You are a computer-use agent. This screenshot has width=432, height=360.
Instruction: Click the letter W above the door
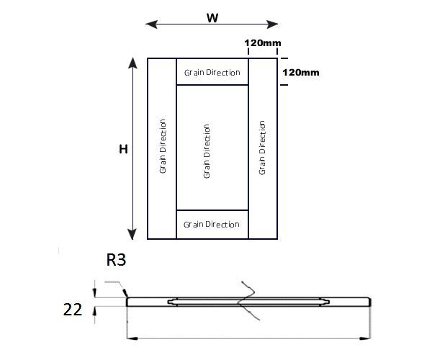212,18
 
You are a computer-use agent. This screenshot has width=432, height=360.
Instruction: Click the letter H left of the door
123,149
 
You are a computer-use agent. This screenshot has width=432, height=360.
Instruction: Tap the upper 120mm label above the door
263,43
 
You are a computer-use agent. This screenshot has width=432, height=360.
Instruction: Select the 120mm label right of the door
301,72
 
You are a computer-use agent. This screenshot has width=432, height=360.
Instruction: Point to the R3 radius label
116,260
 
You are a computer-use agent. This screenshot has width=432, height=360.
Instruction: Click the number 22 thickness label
72,310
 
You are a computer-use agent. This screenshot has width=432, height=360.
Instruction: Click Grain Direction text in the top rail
212,72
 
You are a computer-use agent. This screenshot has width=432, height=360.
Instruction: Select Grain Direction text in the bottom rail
212,225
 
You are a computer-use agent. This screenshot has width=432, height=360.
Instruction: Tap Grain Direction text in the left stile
163,146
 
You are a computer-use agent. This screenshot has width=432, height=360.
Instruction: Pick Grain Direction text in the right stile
263,148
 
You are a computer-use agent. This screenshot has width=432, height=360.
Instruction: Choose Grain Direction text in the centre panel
207,151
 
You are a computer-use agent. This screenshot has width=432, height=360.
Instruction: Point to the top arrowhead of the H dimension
132,63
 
